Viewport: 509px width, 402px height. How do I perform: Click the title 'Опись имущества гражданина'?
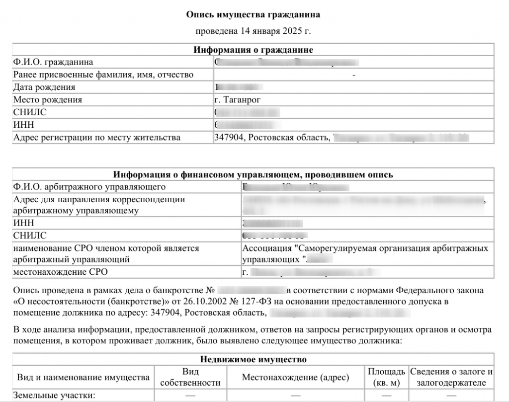coord(253,15)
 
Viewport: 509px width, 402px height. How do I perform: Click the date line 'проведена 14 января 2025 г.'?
coord(253,32)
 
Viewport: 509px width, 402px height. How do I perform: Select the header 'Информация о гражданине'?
coord(253,50)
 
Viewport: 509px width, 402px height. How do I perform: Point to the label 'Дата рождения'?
coord(44,87)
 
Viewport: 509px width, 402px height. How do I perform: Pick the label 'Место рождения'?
coord(48,99)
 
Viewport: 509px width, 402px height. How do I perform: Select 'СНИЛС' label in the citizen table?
coord(30,112)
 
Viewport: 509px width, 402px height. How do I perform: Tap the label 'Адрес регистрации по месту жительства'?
coord(97,137)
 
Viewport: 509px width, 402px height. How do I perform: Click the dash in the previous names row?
coord(353,75)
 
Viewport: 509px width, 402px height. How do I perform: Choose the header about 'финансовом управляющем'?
coord(253,174)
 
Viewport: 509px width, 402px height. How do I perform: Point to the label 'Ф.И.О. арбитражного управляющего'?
coord(89,187)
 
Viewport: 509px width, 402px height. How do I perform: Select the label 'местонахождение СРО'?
coord(60,272)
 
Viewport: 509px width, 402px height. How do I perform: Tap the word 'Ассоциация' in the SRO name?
coord(266,247)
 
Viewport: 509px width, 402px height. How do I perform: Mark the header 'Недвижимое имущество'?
coord(253,359)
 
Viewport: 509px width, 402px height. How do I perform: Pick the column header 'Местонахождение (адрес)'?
coord(295,377)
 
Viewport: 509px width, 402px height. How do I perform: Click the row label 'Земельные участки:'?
coord(54,395)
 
